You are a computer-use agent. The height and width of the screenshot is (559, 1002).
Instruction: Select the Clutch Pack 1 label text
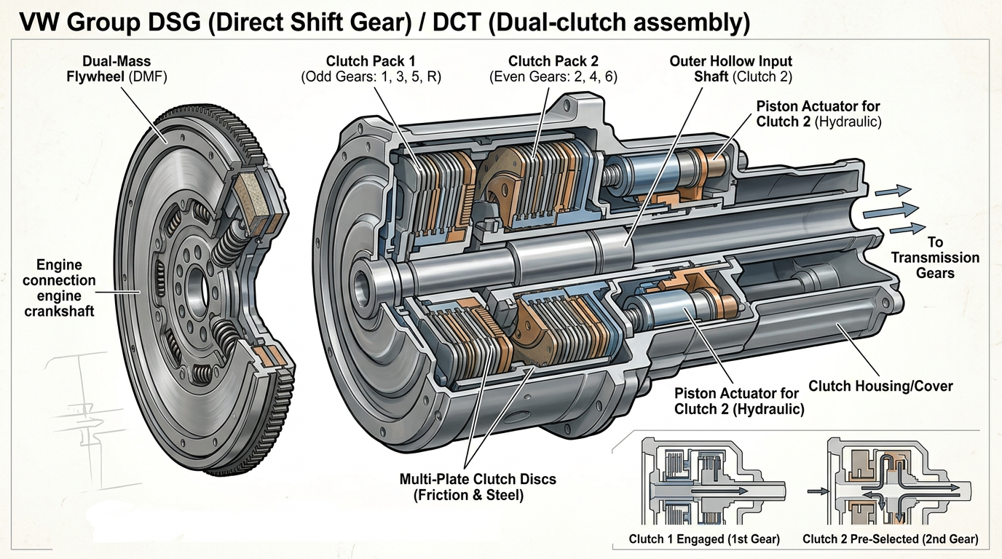(370, 61)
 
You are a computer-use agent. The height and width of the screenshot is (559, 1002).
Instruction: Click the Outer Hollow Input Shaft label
(731, 69)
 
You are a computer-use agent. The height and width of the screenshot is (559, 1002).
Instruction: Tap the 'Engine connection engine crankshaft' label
(59, 288)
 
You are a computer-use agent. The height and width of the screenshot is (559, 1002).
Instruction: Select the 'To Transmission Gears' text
(935, 258)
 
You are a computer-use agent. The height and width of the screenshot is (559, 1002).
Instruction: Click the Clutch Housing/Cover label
(880, 386)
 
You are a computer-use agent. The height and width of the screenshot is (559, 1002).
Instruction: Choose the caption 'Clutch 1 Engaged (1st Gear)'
(704, 539)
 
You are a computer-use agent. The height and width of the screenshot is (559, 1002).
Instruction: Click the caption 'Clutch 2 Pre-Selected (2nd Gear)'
(890, 539)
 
